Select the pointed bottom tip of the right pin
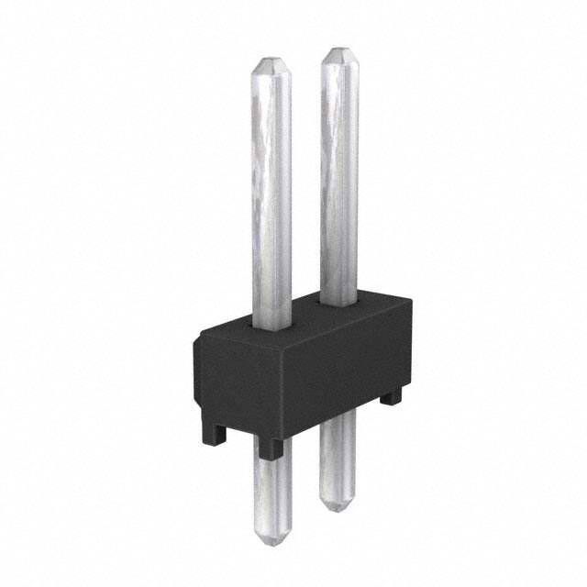337,504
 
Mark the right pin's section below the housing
336,459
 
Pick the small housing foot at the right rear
392,397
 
